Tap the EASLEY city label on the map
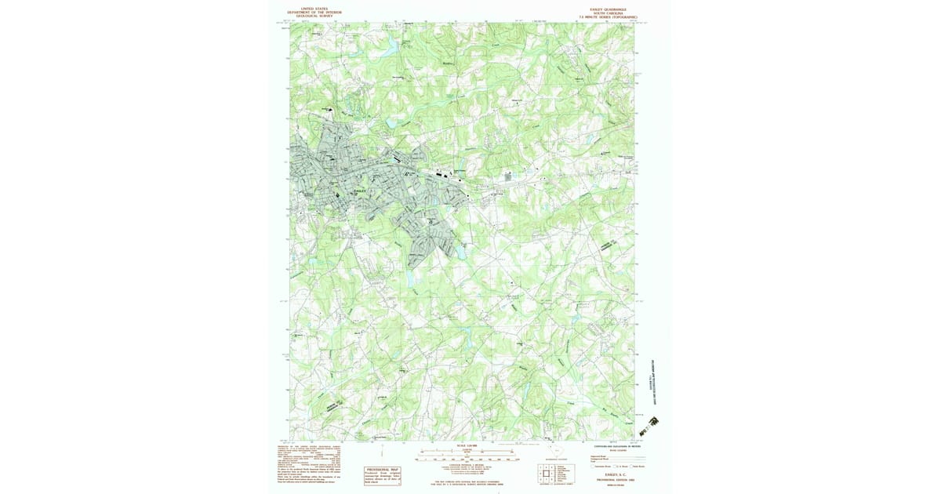[x=361, y=191]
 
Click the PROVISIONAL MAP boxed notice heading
[x=383, y=469]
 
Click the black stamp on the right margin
[x=649, y=426]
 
